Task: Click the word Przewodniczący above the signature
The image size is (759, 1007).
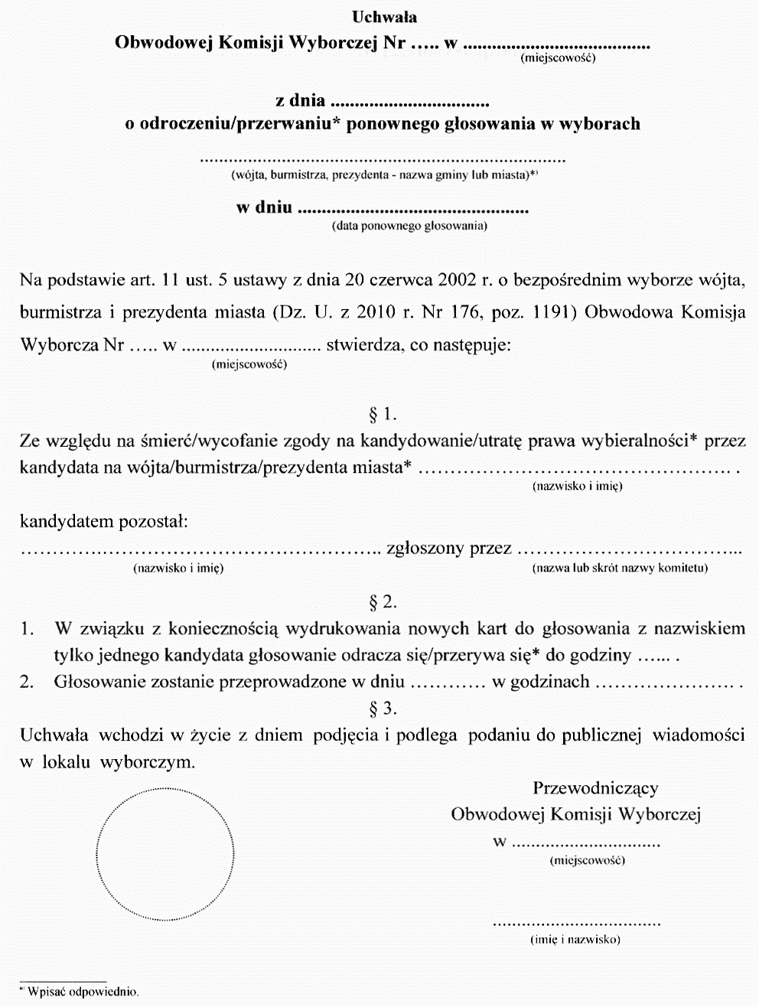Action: pyautogui.click(x=594, y=788)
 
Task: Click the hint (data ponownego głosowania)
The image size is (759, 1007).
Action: pyautogui.click(x=409, y=226)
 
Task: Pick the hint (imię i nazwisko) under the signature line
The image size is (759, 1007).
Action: pyautogui.click(x=575, y=939)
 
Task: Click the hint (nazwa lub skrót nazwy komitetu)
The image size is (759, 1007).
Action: pyautogui.click(x=620, y=568)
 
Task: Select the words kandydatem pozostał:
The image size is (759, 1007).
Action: pyautogui.click(x=103, y=523)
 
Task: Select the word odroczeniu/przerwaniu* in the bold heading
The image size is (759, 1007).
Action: pyautogui.click(x=240, y=124)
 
